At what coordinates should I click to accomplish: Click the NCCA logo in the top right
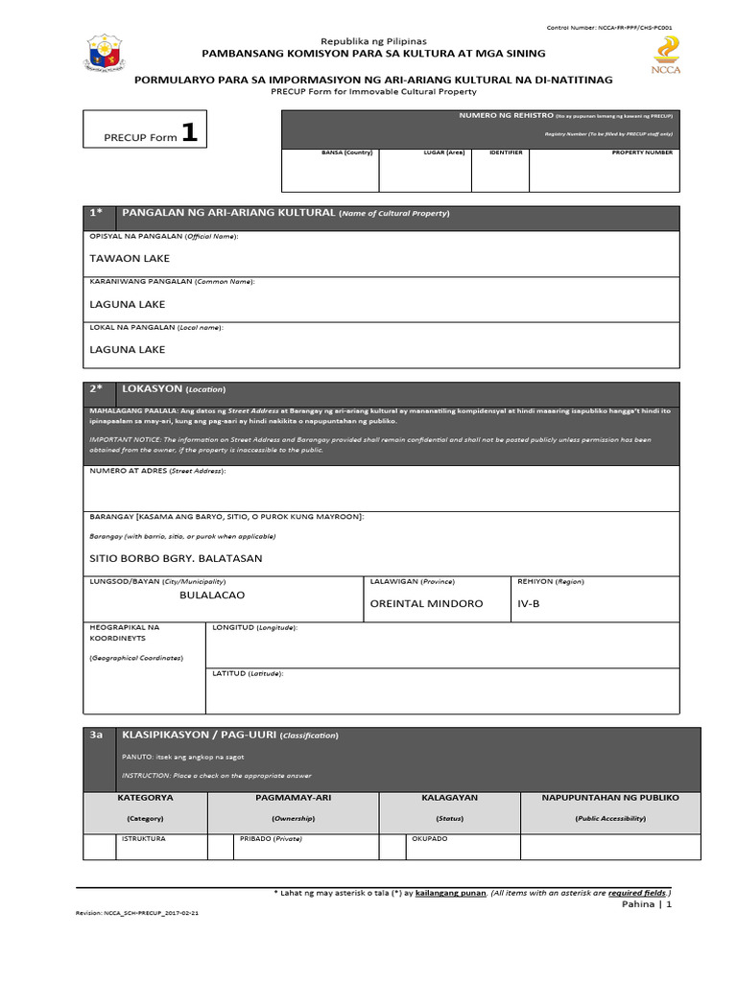coord(665,55)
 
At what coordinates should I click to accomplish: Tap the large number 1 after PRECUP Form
coord(190,134)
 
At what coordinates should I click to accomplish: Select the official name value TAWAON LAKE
coord(130,258)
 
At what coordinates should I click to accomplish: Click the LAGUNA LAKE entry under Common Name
coord(127,304)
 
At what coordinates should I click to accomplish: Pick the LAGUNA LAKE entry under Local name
coord(127,350)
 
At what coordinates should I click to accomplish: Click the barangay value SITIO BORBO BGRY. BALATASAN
coord(176,558)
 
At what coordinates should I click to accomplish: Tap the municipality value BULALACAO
coord(212,596)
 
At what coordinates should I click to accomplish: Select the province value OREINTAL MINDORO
coord(426,604)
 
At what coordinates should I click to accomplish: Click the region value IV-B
coord(530,604)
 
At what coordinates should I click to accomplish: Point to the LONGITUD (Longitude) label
coord(254,627)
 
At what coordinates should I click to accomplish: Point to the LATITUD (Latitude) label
coord(248,673)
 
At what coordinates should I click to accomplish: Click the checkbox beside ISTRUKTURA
coord(97,847)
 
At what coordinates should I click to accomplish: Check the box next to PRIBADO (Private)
coord(221,847)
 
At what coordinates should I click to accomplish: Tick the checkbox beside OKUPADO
coord(392,847)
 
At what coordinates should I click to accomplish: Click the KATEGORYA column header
coord(145,798)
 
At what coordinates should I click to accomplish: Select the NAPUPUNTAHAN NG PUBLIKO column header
coord(609,798)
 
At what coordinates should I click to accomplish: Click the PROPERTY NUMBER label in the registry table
coord(642,152)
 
